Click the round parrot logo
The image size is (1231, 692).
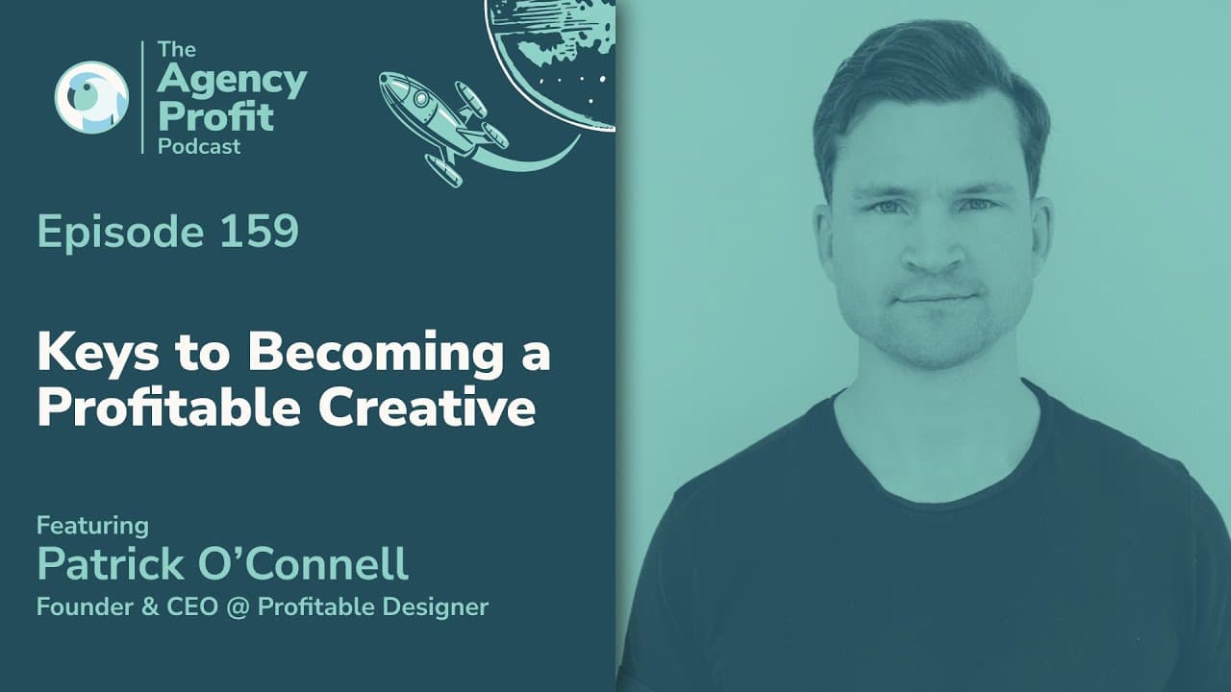tap(91, 97)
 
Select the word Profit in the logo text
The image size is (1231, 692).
tap(215, 116)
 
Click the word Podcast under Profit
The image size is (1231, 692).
tap(199, 147)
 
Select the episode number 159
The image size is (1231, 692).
tap(260, 232)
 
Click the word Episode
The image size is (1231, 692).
tap(121, 233)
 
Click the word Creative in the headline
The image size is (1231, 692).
tap(427, 408)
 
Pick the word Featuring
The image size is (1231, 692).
tap(93, 527)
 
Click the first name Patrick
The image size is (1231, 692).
tap(111, 564)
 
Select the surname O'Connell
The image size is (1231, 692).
tap(303, 564)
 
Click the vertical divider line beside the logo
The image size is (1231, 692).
tap(143, 97)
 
